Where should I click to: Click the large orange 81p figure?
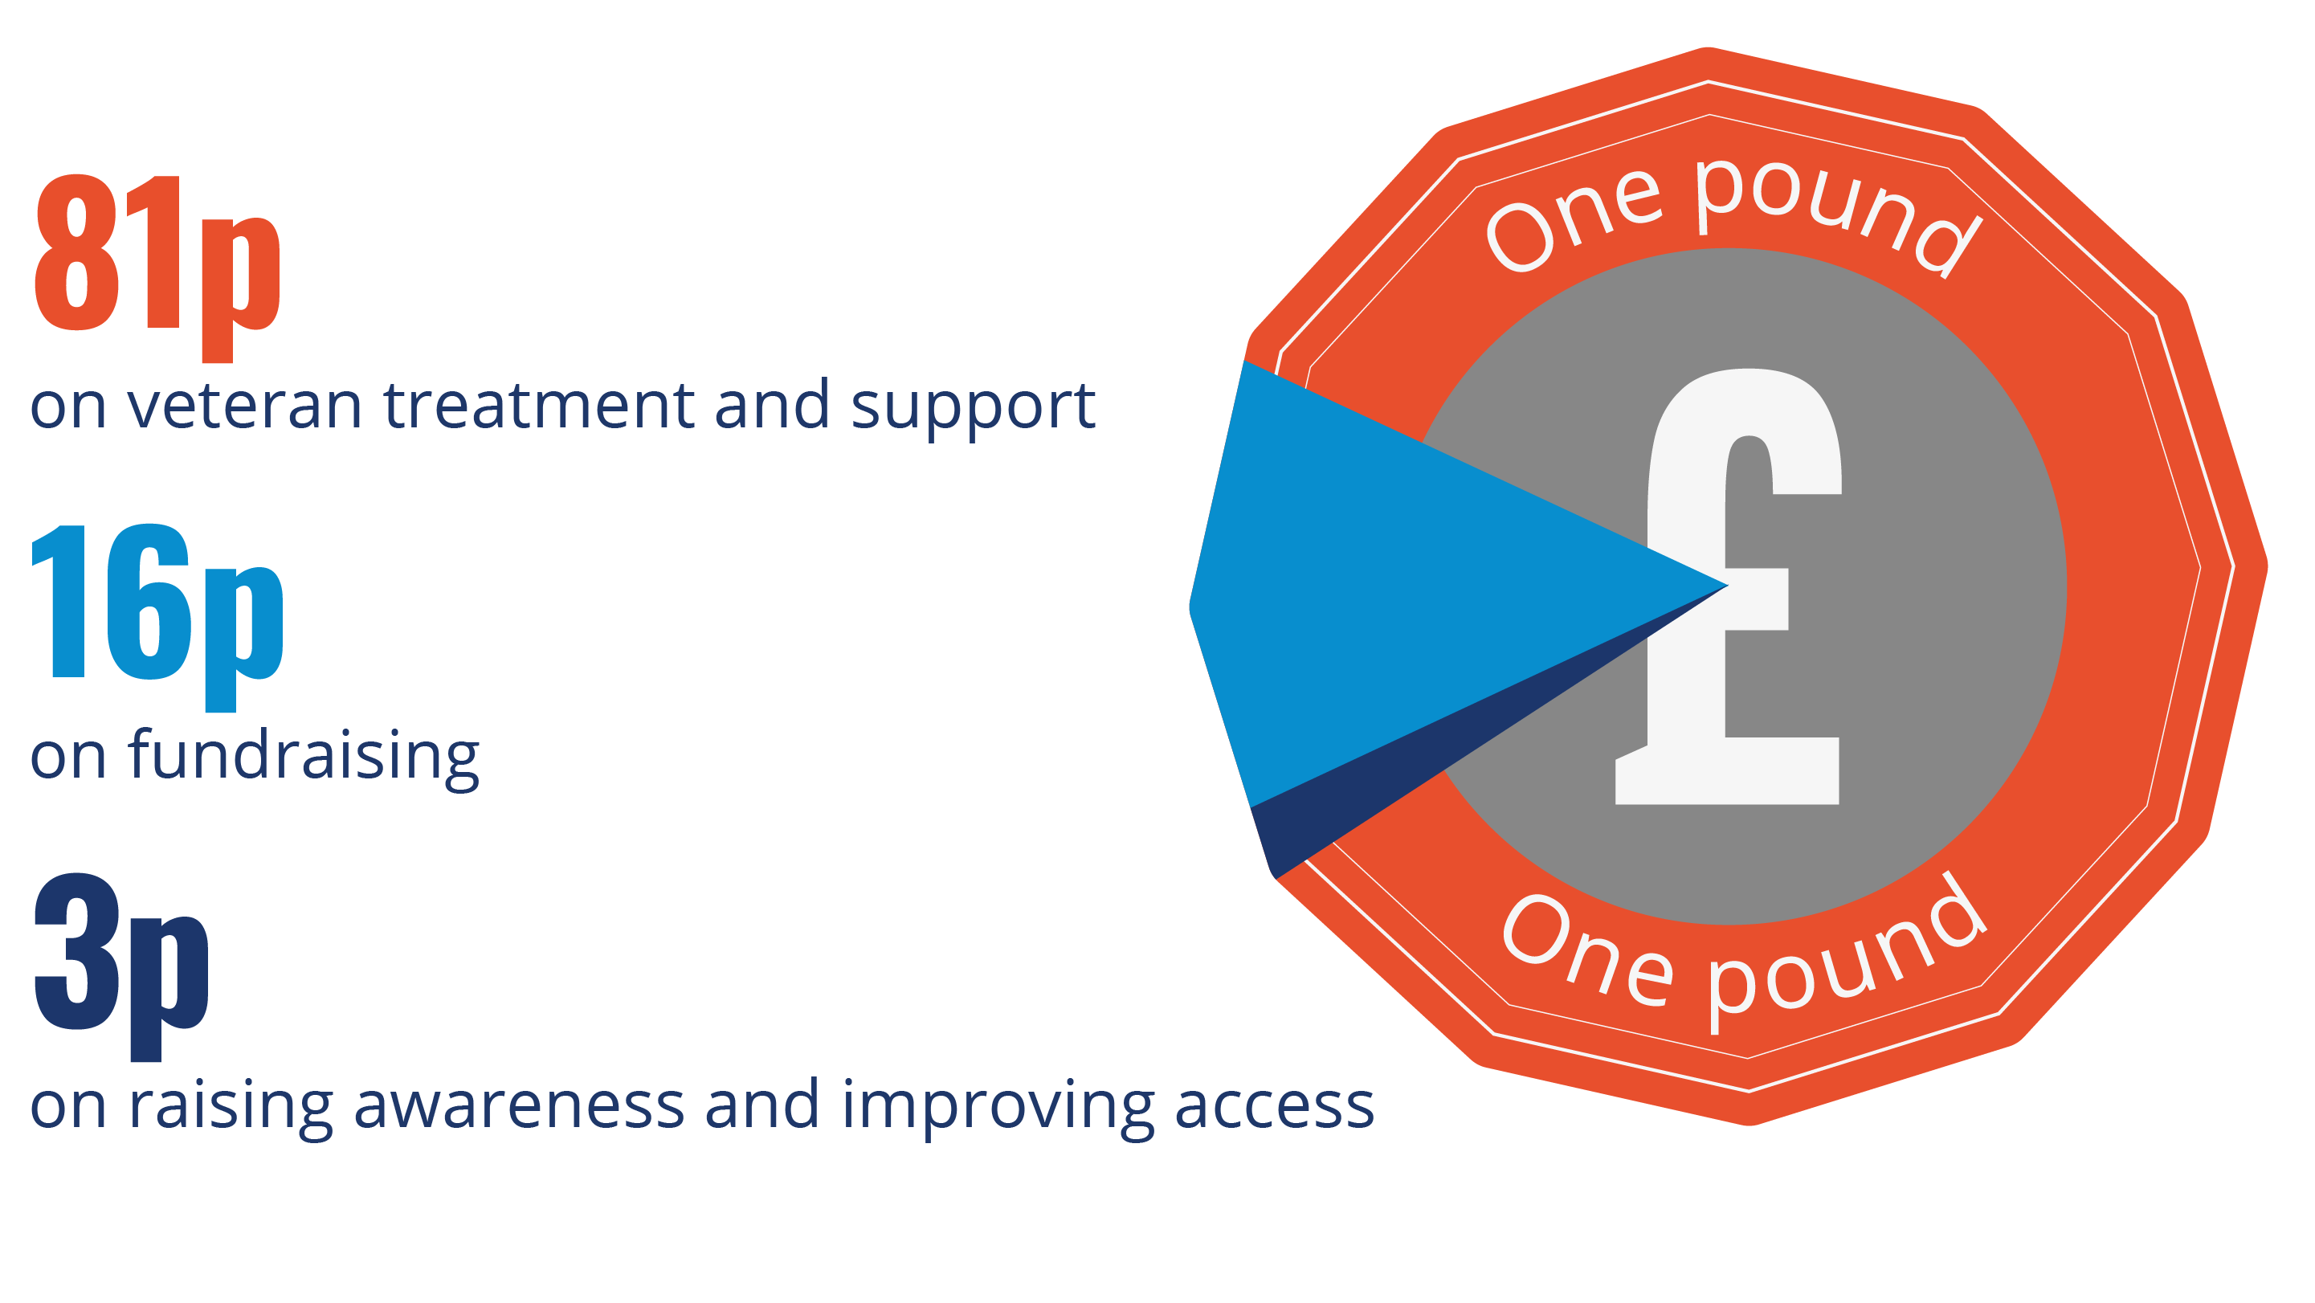(157, 267)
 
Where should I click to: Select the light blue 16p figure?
(157, 616)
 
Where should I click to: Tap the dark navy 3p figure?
(121, 966)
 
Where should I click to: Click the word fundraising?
(304, 758)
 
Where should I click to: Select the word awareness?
(520, 1107)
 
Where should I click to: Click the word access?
(1274, 1107)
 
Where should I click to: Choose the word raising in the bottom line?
(231, 1109)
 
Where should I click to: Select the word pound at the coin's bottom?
(1847, 957)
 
